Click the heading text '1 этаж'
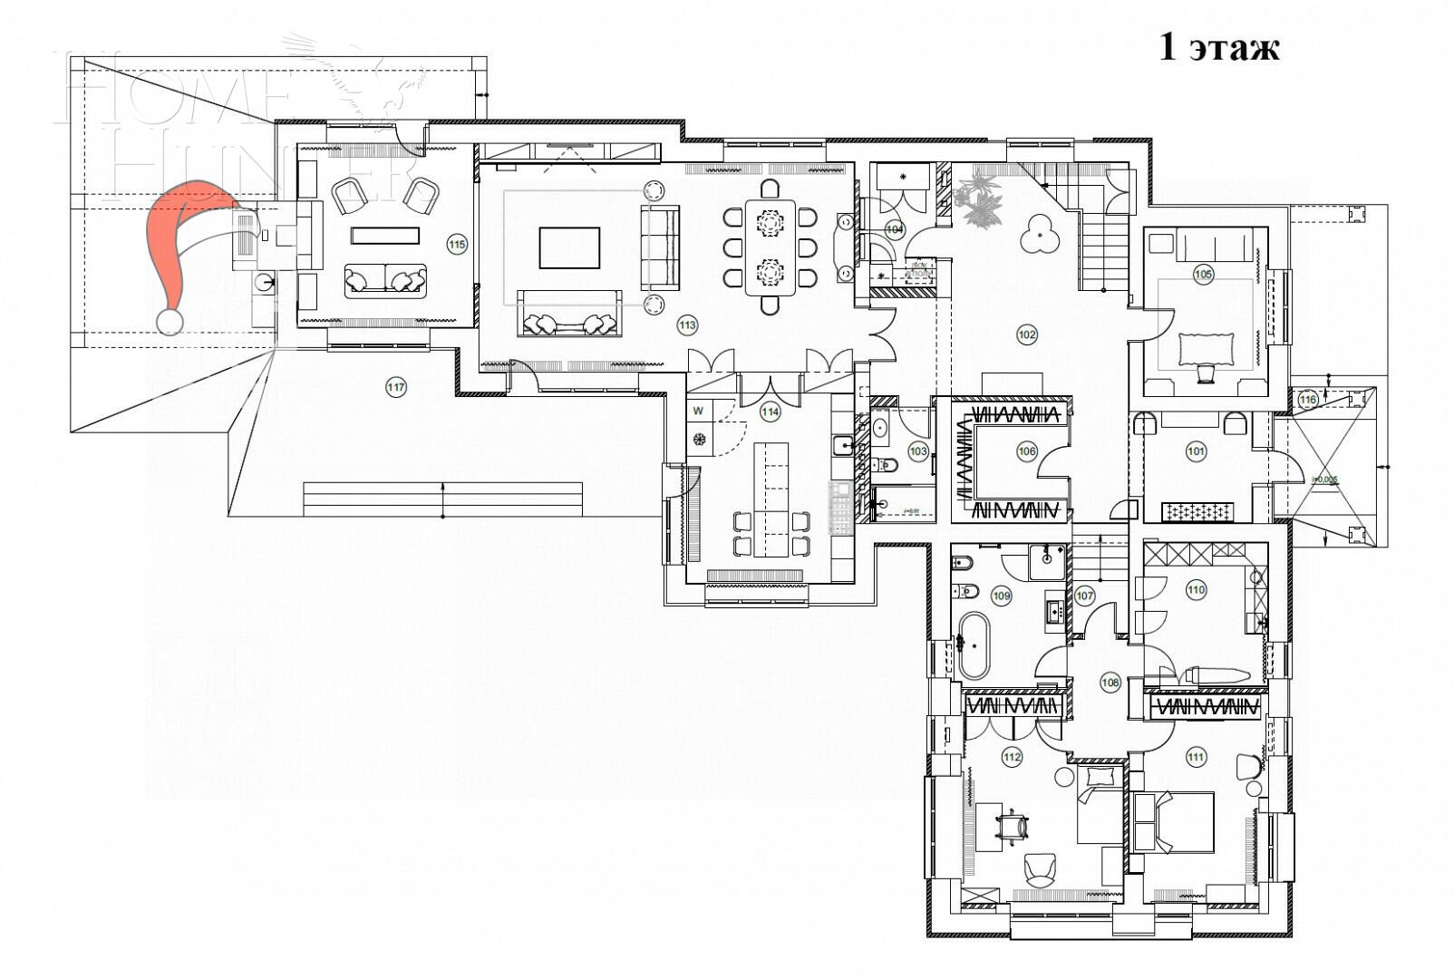point(1219,47)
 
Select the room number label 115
point(457,244)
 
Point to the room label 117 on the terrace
point(396,388)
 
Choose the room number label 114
point(770,412)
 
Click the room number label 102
point(1026,334)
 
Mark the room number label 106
point(1026,451)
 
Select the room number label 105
point(1203,274)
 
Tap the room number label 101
point(1196,451)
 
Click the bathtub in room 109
point(974,645)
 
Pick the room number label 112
point(1012,757)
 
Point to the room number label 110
point(1196,590)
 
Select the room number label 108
point(1110,683)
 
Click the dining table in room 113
point(770,247)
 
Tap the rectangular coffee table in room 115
point(385,236)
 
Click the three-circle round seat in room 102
point(1039,234)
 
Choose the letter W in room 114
point(699,411)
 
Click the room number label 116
point(1307,399)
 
